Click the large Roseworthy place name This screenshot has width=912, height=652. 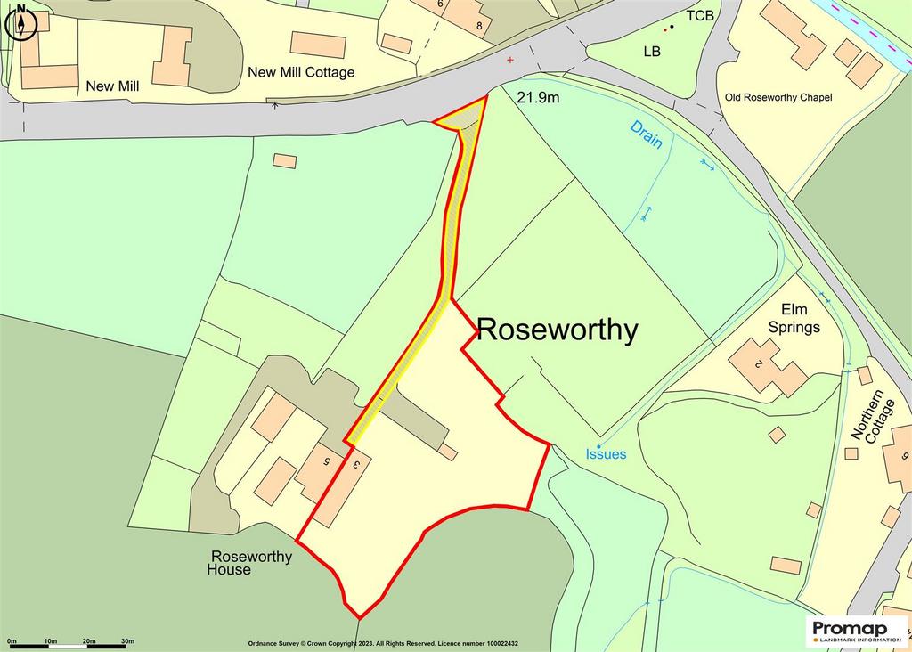pos(558,330)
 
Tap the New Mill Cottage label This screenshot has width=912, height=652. pos(301,72)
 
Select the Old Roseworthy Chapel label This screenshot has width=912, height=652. pos(778,97)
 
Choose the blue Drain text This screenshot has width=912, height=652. pos(647,134)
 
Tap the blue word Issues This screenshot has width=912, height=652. pos(606,454)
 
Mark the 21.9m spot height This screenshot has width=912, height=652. pos(538,97)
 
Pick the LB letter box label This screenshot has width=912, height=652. pos(652,52)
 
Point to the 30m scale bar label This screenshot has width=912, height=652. pos(127,641)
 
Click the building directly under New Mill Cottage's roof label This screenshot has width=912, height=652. pos(318,45)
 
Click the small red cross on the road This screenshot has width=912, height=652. pos(510,60)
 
